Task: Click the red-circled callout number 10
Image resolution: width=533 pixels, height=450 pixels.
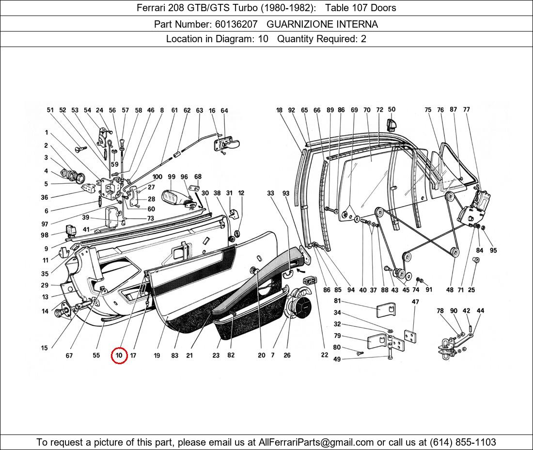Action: (119, 355)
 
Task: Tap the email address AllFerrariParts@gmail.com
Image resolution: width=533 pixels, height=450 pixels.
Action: (316, 442)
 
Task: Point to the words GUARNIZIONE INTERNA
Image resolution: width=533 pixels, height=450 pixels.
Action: (322, 24)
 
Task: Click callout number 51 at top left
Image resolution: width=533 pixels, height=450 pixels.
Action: (50, 111)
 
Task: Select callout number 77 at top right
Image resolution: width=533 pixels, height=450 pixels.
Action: (466, 110)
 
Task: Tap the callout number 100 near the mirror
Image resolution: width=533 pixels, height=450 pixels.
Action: (157, 177)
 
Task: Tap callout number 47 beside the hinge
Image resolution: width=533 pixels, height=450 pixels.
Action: (415, 302)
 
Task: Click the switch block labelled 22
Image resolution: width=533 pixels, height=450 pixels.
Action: (310, 281)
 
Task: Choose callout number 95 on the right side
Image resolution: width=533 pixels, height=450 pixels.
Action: (493, 250)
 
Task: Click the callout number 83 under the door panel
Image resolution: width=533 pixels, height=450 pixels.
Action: (174, 355)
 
